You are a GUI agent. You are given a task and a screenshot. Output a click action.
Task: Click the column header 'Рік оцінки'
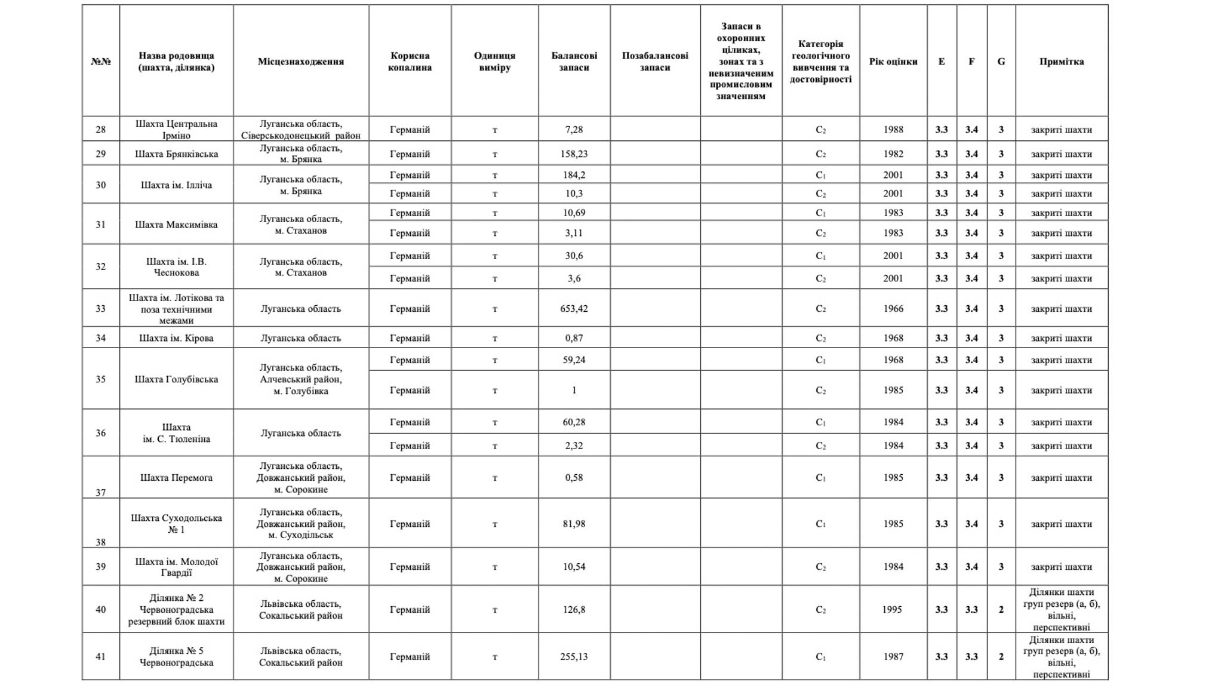[893, 62]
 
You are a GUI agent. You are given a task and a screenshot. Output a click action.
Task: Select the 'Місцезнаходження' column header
[300, 62]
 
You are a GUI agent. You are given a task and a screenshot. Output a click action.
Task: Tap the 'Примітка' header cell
[1061, 62]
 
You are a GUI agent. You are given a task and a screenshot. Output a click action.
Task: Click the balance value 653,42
[574, 309]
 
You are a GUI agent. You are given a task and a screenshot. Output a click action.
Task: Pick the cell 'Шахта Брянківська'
[176, 154]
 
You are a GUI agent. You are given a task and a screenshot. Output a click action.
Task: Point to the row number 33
[100, 309]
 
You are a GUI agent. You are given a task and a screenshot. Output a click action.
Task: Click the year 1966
[893, 309]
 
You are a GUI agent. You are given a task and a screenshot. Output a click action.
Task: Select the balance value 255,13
[574, 657]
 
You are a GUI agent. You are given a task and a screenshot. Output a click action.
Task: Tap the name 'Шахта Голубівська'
[176, 379]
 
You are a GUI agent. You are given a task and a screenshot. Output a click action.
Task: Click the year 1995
[892, 610]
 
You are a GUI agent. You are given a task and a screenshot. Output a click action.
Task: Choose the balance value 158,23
[574, 154]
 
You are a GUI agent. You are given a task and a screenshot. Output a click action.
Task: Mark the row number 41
[100, 657]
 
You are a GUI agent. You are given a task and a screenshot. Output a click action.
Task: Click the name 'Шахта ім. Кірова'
[176, 338]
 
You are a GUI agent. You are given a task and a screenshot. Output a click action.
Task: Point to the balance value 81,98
[574, 524]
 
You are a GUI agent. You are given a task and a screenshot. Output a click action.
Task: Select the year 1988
[893, 130]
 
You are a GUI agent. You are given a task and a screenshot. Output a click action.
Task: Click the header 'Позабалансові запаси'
[655, 62]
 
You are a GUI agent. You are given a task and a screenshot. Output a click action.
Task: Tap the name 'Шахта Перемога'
[176, 478]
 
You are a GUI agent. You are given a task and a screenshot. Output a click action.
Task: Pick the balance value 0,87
[574, 338]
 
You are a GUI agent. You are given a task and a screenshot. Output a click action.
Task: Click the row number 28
[100, 130]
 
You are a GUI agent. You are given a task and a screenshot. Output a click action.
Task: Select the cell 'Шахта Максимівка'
[176, 225]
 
